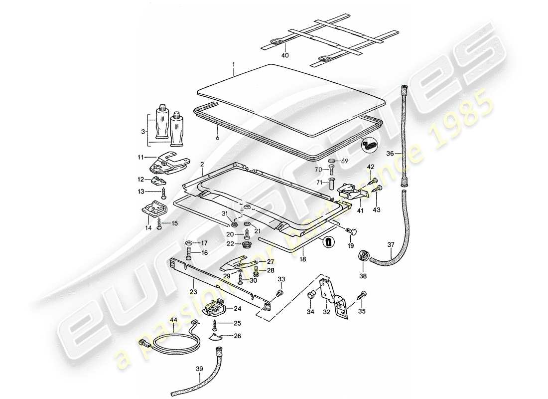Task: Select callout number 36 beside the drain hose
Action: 390,154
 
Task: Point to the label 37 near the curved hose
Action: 391,245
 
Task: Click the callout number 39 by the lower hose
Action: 199,370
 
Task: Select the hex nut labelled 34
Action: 311,295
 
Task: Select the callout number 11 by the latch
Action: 141,158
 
